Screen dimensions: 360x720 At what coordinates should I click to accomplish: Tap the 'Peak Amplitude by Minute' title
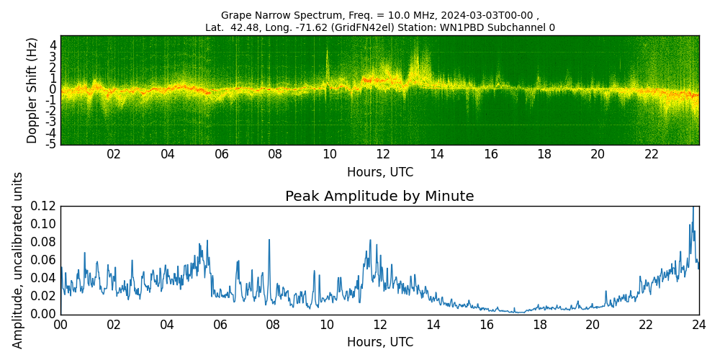tap(379, 197)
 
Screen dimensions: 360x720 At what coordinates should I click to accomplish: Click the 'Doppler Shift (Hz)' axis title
tap(32, 90)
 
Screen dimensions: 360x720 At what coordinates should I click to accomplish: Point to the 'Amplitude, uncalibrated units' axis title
tap(18, 260)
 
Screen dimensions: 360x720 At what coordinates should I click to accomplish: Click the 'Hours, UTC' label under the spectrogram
tap(379, 173)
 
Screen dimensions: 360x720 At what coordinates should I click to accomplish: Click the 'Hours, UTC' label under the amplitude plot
tap(379, 343)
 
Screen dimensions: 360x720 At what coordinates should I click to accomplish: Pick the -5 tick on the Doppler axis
tap(51, 145)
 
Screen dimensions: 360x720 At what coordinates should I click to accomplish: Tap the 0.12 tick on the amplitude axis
tap(44, 207)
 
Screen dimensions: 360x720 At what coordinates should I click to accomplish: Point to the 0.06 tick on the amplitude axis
tap(44, 260)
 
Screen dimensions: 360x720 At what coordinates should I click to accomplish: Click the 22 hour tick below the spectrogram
tap(652, 155)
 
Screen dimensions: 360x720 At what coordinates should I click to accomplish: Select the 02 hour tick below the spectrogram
tap(114, 155)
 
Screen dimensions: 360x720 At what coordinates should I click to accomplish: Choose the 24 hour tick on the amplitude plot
tap(698, 325)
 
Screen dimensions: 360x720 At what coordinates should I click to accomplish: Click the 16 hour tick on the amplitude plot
tap(486, 325)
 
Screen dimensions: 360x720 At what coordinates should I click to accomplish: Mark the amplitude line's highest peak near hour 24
tap(693, 208)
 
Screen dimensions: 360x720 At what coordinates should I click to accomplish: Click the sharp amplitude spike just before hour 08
tap(269, 240)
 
